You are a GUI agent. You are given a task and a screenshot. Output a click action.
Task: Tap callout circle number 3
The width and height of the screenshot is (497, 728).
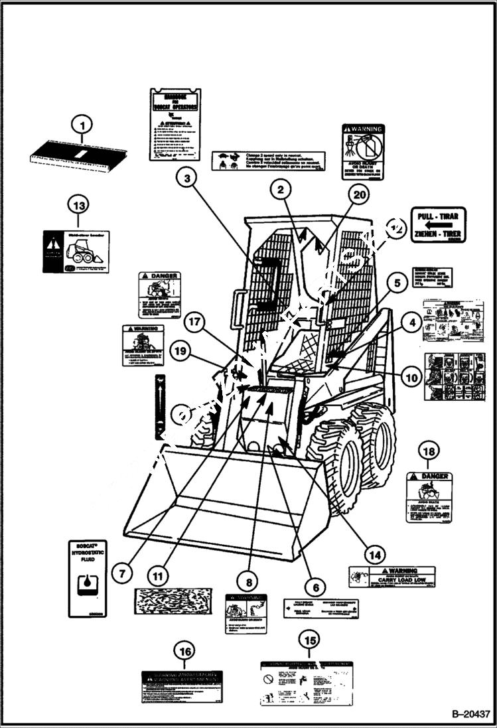(188, 177)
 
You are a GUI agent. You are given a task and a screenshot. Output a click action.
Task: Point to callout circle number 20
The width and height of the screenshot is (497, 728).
(359, 195)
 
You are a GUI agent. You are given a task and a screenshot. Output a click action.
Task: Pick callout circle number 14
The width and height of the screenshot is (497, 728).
(374, 554)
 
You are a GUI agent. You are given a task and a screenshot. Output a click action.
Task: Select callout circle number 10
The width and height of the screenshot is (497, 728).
(411, 378)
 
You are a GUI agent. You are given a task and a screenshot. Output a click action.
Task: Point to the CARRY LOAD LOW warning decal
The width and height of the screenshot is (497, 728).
(391, 577)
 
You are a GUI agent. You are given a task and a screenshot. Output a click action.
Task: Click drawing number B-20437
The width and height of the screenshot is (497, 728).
(470, 715)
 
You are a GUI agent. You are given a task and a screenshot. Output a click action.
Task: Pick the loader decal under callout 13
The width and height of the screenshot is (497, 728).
(76, 252)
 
